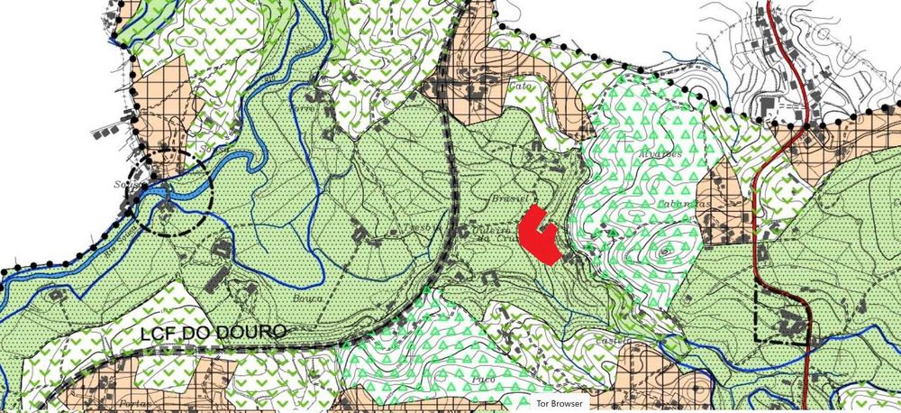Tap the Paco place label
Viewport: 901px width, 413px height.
479,379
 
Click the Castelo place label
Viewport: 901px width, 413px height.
609,341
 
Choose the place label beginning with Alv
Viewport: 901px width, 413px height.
660,152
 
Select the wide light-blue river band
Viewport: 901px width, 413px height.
216,166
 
